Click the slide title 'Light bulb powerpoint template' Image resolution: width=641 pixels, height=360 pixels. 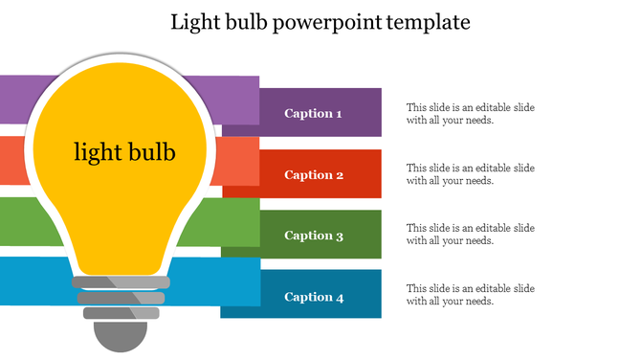320,22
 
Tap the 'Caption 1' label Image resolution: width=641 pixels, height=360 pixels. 313,114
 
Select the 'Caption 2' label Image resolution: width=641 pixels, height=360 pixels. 314,175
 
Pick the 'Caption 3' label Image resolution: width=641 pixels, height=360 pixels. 314,236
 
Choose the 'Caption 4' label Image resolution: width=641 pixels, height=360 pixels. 314,297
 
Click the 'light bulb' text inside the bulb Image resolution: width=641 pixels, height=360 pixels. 124,152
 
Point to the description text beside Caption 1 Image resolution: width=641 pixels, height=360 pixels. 470,114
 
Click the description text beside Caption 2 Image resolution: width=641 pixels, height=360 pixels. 470,174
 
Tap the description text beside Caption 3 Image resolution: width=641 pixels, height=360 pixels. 470,235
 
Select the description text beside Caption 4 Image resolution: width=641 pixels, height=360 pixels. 470,295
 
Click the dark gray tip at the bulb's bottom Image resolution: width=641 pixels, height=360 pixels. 121,336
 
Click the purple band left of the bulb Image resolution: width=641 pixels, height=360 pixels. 15,99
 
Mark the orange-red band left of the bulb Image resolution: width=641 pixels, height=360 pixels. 11,160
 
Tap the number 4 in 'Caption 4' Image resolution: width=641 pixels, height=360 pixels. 339,297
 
